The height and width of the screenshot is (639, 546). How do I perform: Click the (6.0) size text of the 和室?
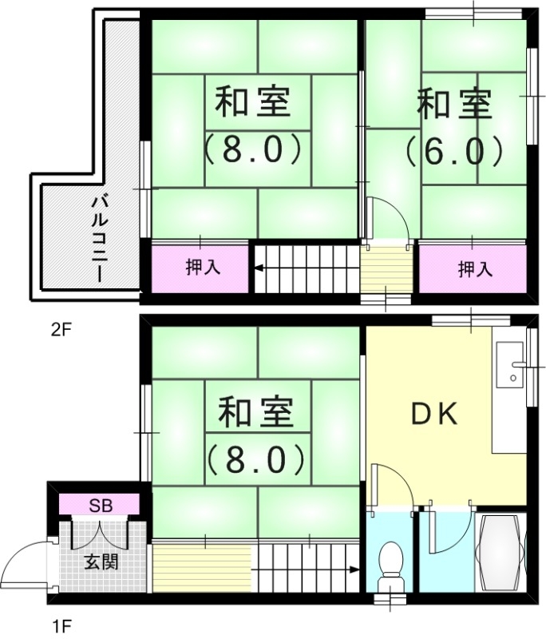coord(453,149)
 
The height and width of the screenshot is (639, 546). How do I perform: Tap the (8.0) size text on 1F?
coord(255,458)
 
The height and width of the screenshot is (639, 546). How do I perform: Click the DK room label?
coord(433,414)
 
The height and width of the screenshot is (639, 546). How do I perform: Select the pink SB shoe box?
coord(100,505)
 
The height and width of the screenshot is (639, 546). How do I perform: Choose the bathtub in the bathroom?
coord(500,552)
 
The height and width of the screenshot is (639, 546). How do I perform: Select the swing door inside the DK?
coord(392,486)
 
